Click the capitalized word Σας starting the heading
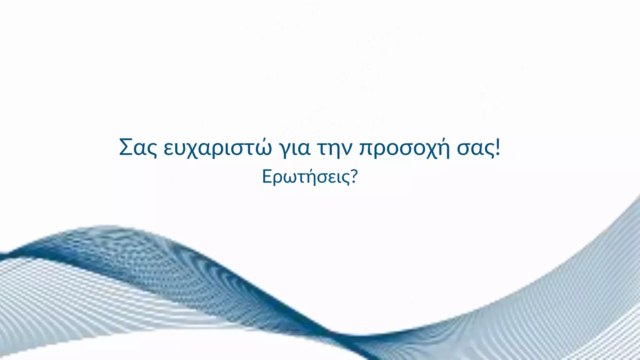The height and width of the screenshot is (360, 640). click(x=138, y=147)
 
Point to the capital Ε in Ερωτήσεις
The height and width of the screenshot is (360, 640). click(x=266, y=177)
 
